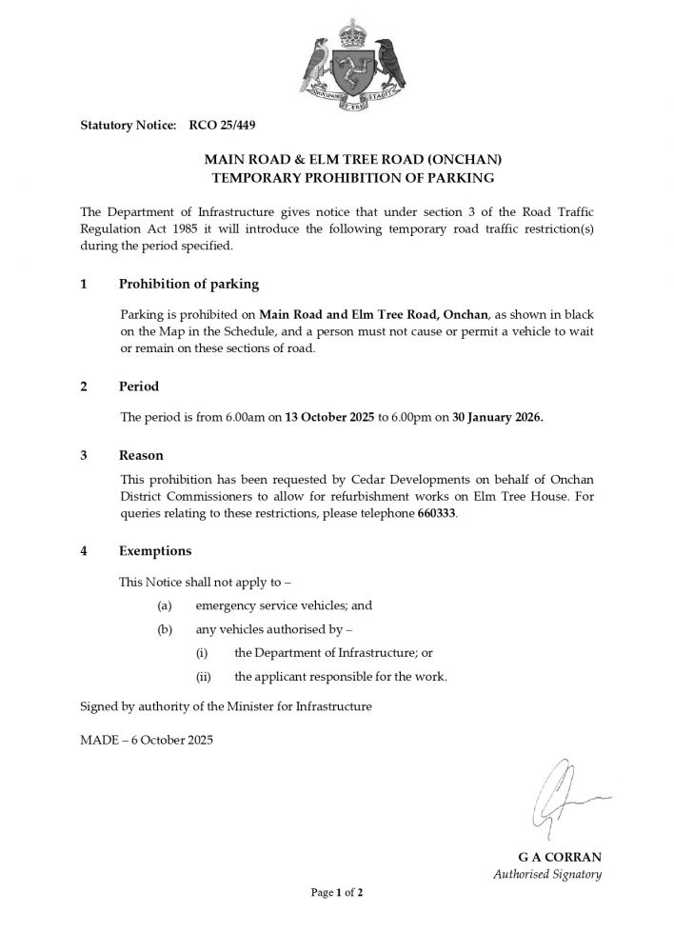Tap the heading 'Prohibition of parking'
188,285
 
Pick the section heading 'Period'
139,387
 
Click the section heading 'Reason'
141,456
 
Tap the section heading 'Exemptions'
155,551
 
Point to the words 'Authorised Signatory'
546,874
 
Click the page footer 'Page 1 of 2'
337,893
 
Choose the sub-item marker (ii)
203,677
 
